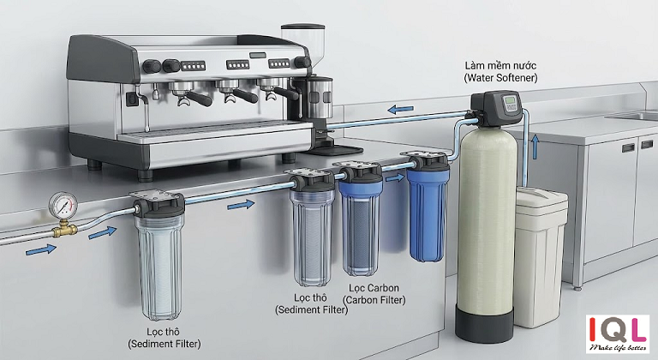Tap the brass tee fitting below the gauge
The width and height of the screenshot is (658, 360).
click(x=64, y=229)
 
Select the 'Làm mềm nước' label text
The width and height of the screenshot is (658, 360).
click(x=500, y=65)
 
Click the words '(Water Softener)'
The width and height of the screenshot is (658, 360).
click(x=500, y=78)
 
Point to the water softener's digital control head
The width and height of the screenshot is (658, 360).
click(x=497, y=107)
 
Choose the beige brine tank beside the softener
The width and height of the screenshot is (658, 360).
click(x=541, y=256)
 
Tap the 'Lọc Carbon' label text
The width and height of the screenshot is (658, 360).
click(x=374, y=288)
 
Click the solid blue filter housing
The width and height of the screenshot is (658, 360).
click(x=428, y=214)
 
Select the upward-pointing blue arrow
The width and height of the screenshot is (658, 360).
click(x=535, y=147)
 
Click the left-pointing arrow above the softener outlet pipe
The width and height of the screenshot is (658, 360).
click(x=400, y=110)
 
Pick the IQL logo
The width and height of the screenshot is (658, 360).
click(x=617, y=329)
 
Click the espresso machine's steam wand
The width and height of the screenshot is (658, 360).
click(x=146, y=109)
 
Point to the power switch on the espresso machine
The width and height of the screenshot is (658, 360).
click(x=132, y=99)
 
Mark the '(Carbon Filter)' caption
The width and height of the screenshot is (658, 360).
click(x=374, y=300)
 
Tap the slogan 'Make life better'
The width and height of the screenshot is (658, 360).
click(x=617, y=348)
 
